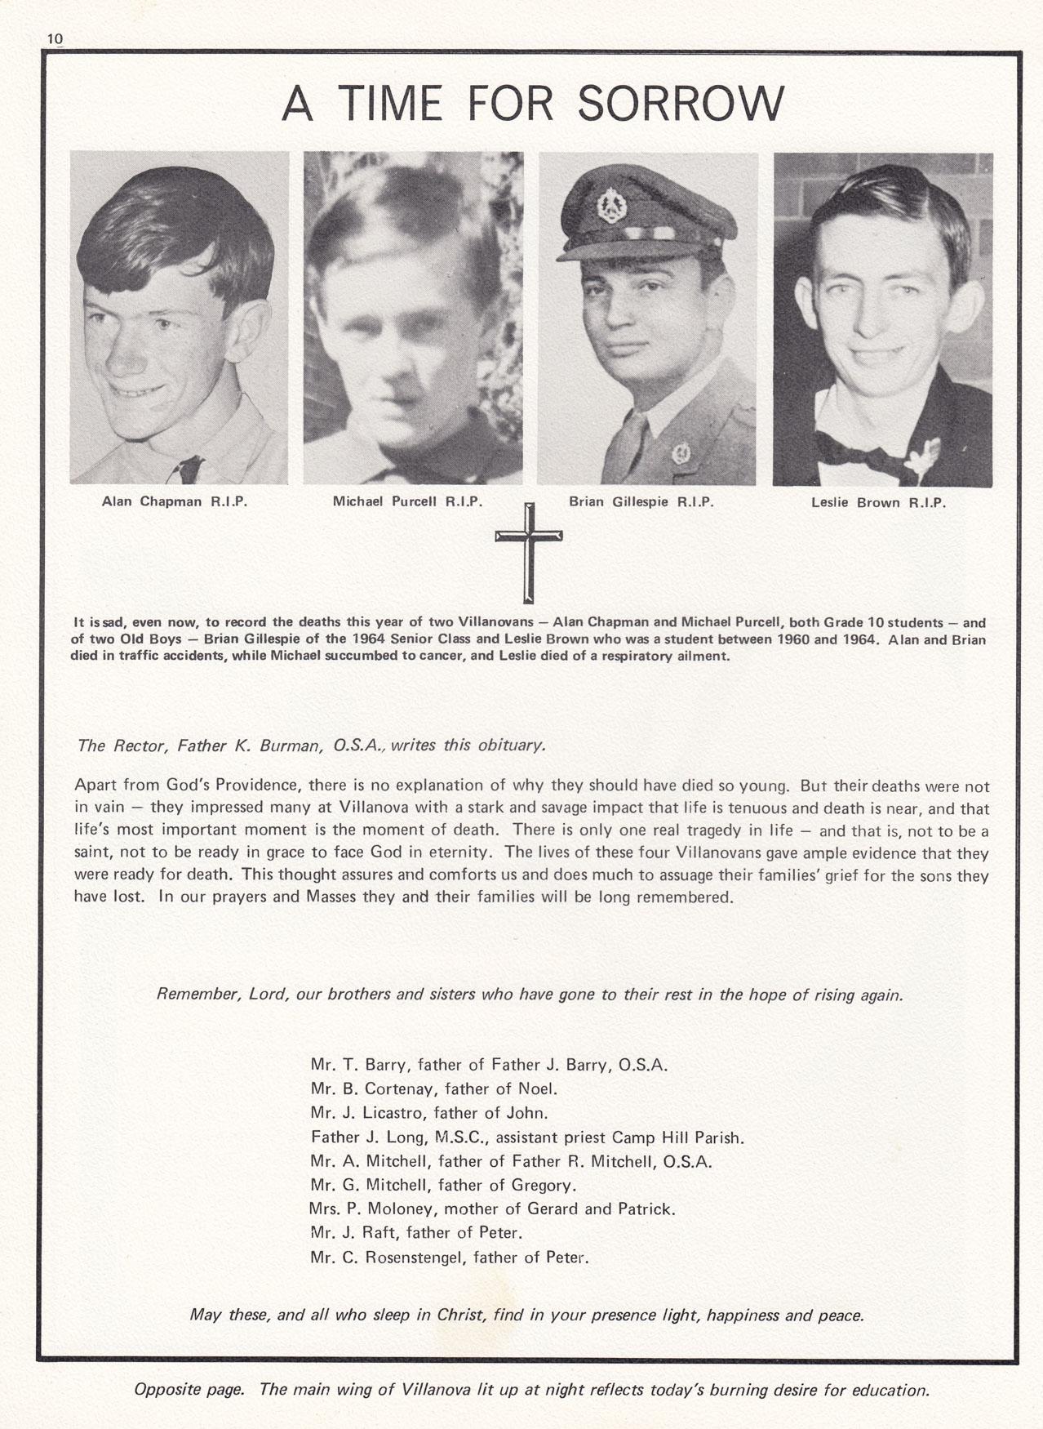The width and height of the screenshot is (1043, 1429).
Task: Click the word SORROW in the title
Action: (680, 104)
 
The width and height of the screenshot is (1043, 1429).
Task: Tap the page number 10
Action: (55, 38)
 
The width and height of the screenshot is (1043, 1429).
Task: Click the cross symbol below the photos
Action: (528, 549)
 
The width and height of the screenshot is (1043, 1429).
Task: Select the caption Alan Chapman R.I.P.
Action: (174, 501)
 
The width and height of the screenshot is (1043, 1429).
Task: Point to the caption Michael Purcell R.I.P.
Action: (407, 501)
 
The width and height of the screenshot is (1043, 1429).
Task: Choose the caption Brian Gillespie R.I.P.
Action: (641, 502)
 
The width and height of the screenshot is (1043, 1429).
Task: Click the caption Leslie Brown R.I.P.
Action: (878, 503)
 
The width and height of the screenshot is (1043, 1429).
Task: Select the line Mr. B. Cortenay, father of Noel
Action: (433, 1088)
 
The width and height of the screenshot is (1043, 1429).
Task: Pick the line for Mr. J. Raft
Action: (416, 1233)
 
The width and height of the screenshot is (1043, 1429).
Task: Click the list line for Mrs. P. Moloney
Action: (492, 1209)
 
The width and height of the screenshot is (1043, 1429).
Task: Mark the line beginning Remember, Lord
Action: (530, 995)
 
